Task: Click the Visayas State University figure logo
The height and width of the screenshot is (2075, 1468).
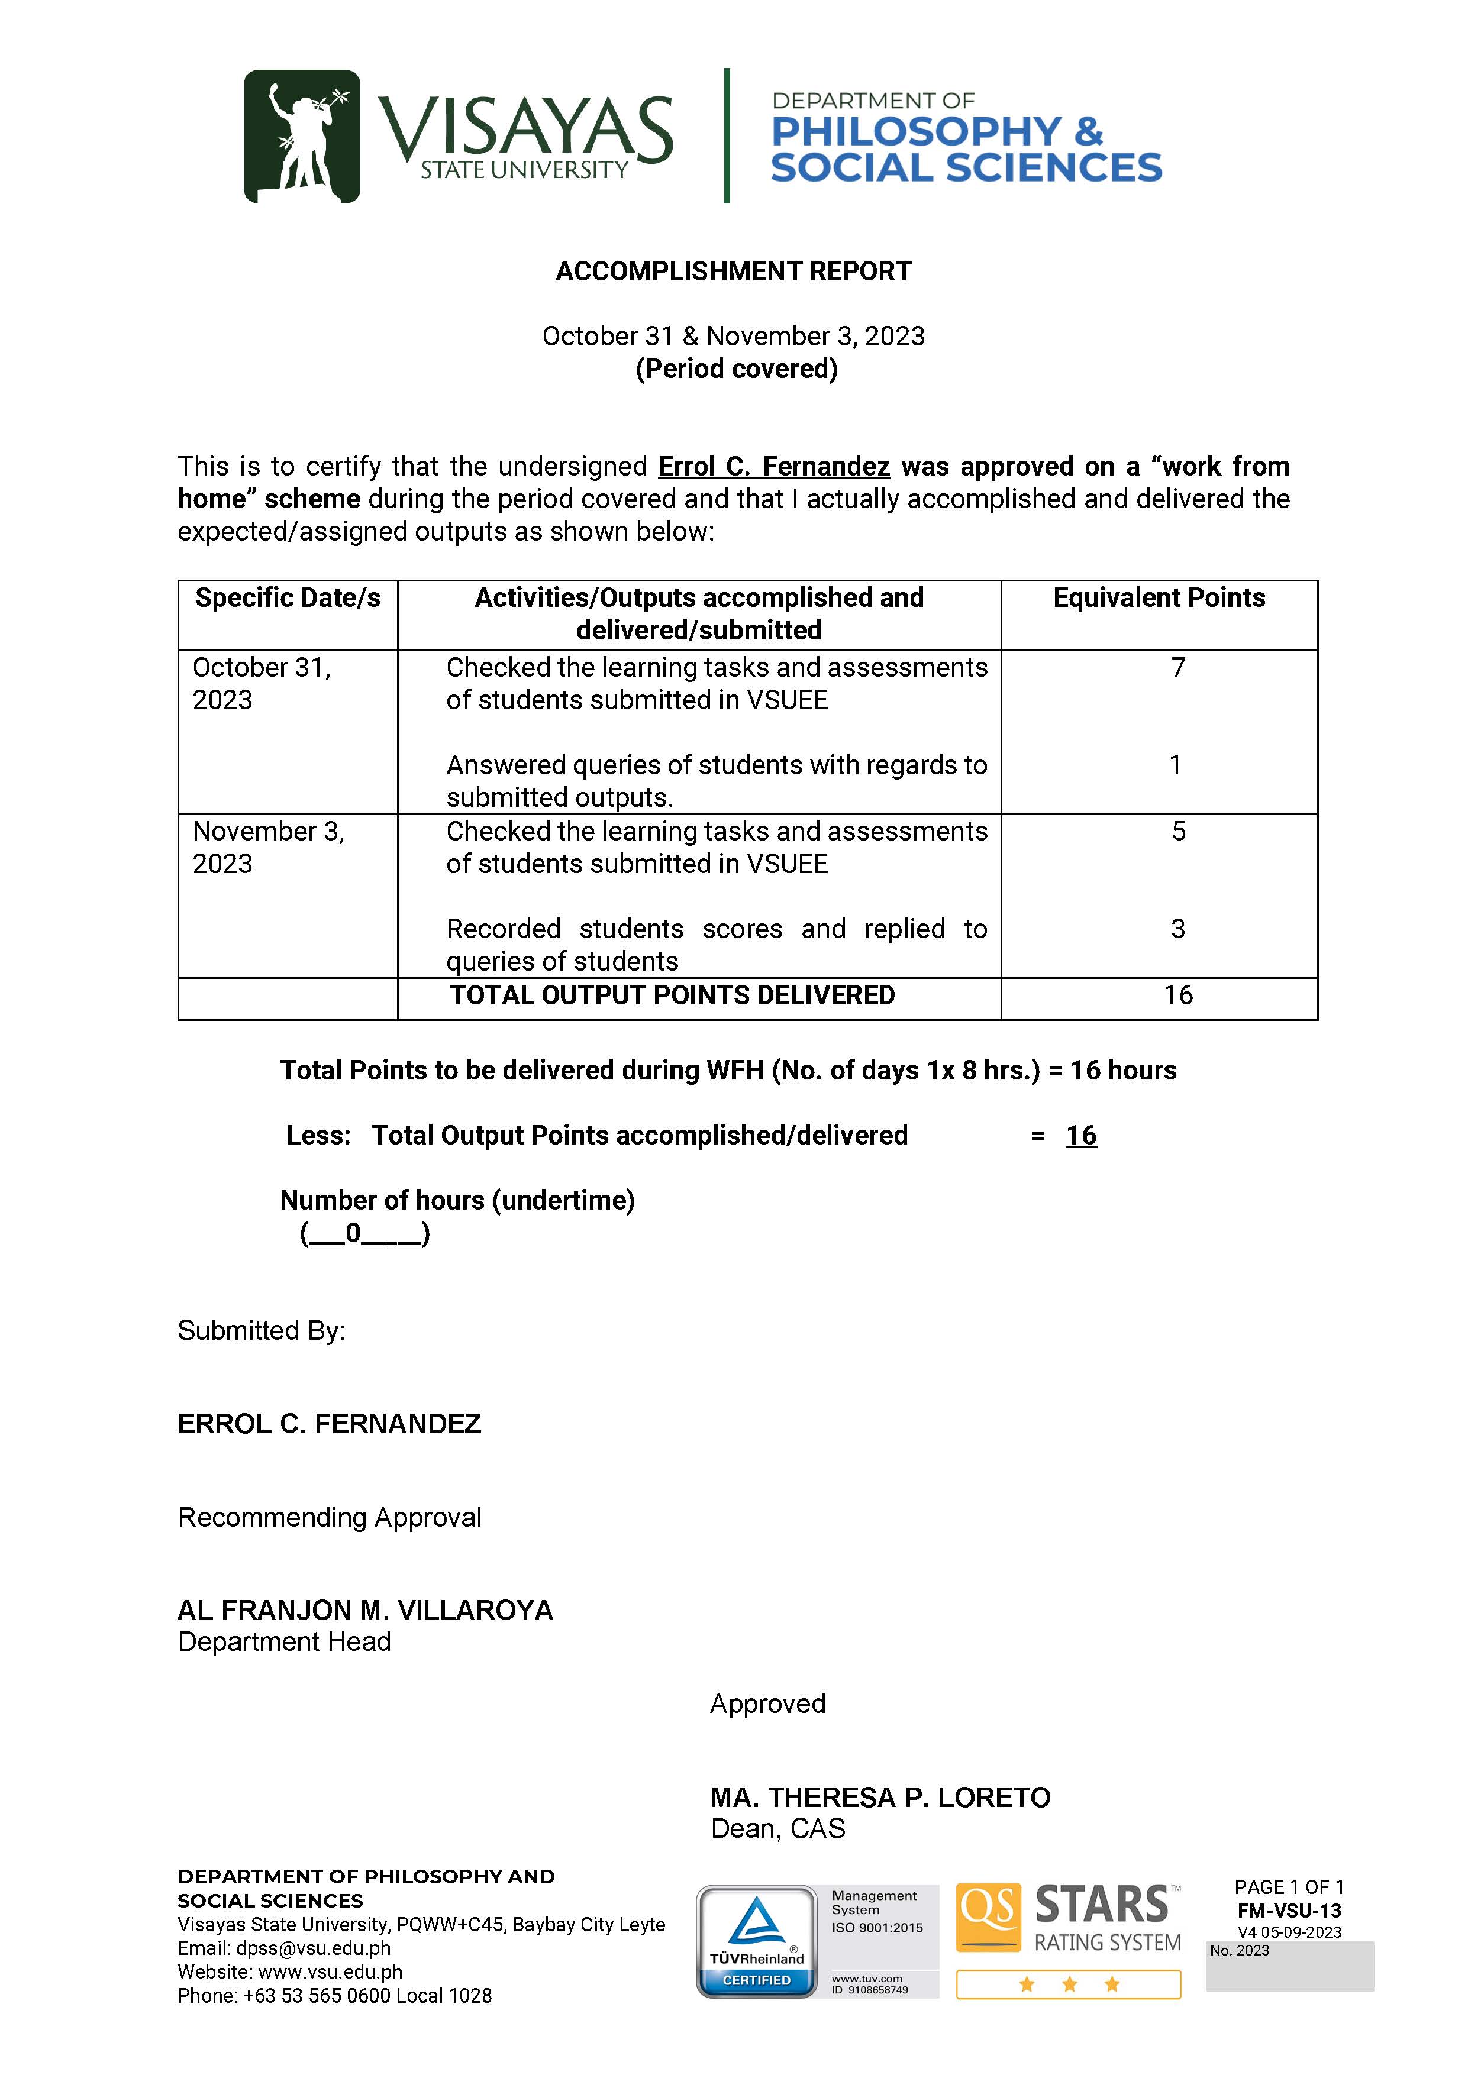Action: click(x=302, y=135)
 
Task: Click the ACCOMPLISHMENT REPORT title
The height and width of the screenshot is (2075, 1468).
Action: click(x=733, y=271)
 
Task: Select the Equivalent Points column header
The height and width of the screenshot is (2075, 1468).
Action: click(x=1159, y=598)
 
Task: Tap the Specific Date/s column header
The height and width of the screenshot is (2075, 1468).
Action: click(x=288, y=598)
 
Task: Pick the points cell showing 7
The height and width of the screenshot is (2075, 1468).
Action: click(x=1178, y=668)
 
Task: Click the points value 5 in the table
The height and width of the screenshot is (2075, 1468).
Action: click(x=1178, y=832)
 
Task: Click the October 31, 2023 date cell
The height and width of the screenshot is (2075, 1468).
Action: click(x=262, y=683)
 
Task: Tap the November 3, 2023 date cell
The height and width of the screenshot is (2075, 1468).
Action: click(x=269, y=848)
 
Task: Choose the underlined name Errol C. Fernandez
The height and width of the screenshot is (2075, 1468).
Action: click(x=774, y=466)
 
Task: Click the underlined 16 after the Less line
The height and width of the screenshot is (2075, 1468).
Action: click(x=1081, y=1136)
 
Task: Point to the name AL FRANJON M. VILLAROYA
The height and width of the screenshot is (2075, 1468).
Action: click(x=365, y=1611)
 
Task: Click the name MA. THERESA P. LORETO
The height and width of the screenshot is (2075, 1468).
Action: click(x=880, y=1798)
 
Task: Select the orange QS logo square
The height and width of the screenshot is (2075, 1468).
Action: click(x=989, y=1917)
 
